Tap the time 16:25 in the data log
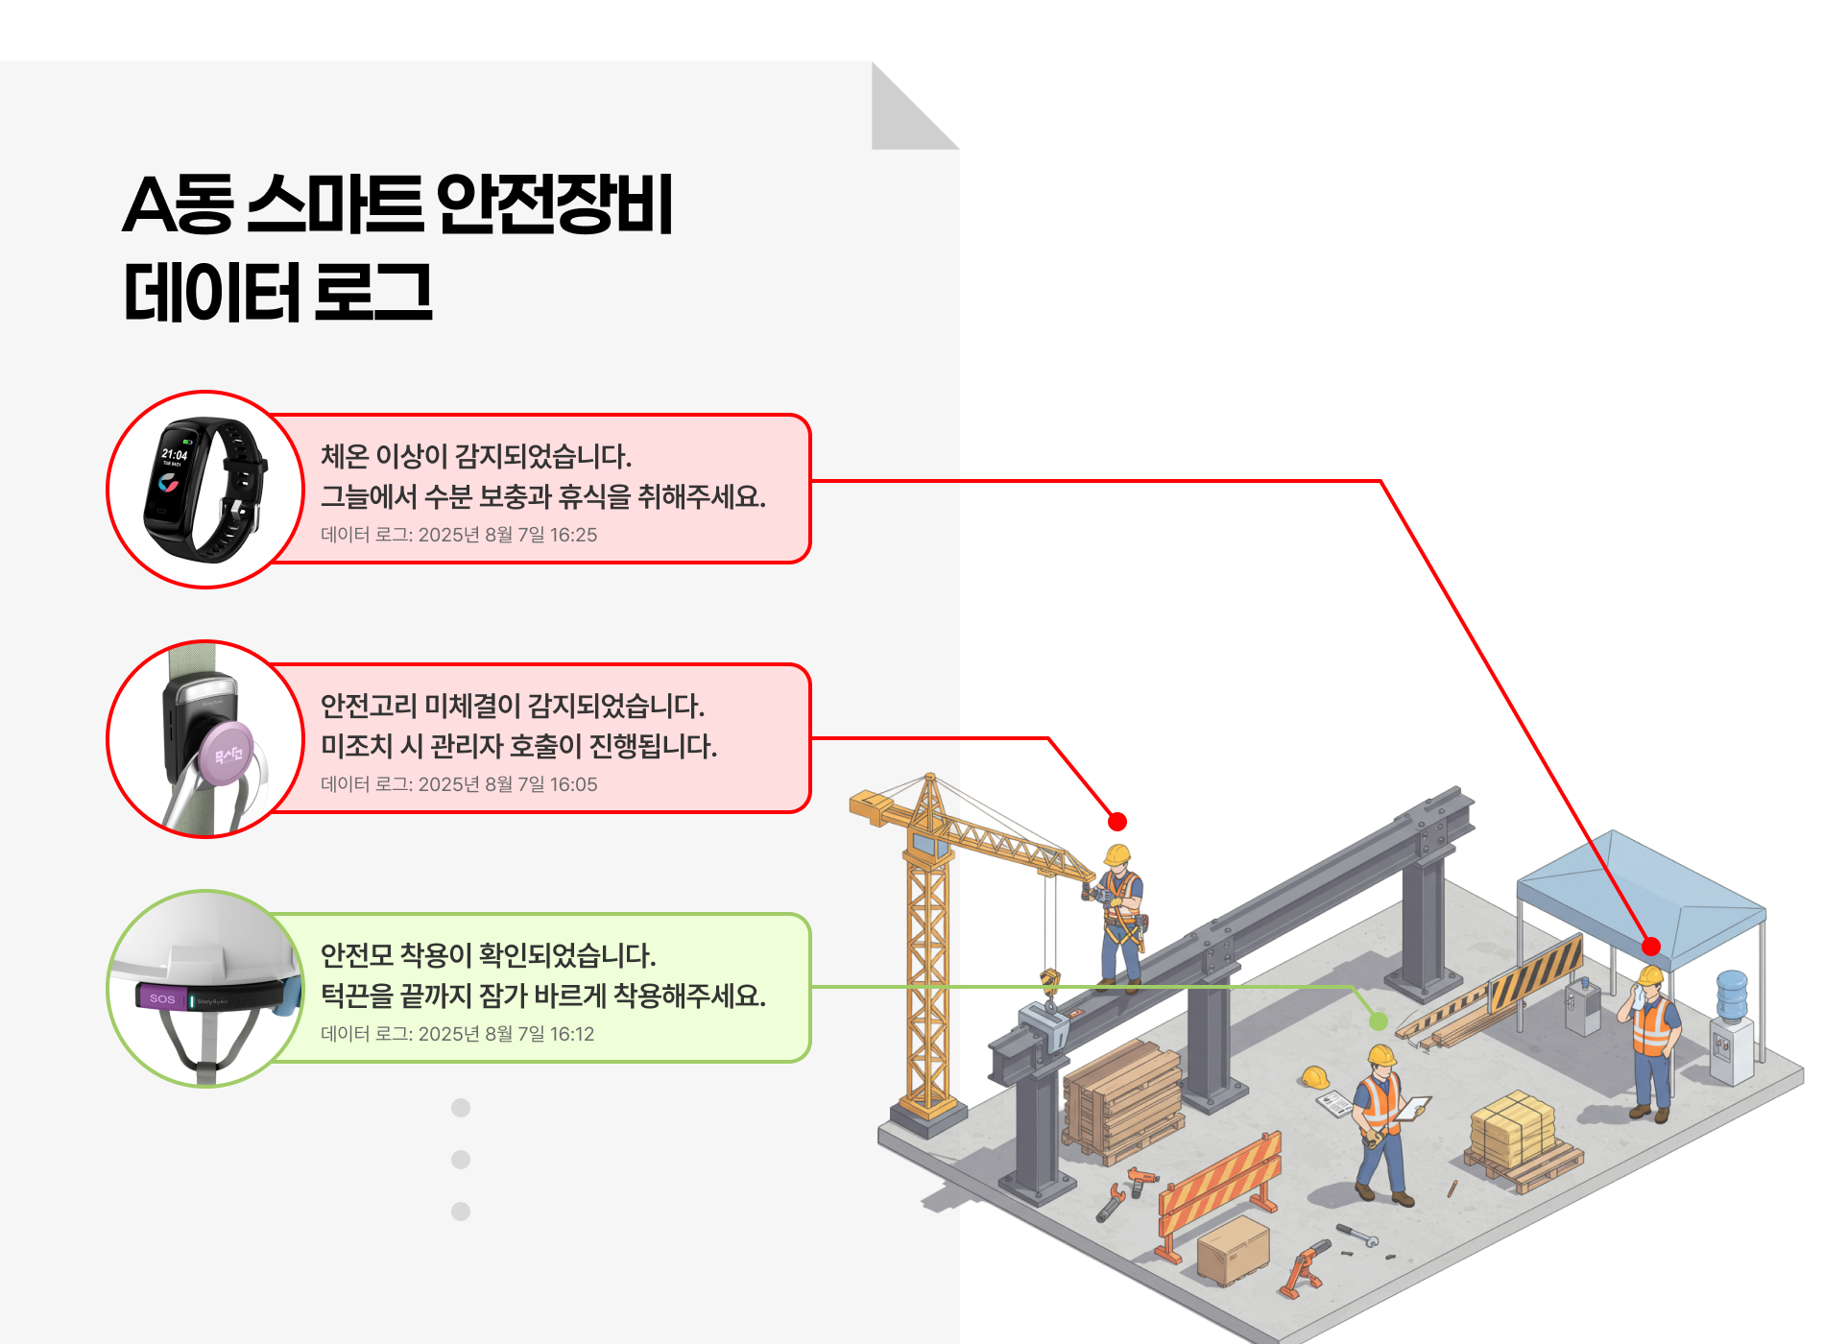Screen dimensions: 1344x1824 point(573,535)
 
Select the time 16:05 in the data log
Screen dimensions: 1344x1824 point(573,784)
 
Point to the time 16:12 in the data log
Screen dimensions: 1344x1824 point(571,1034)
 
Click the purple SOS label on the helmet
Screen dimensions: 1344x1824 point(162,998)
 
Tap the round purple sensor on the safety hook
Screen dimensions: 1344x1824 point(228,755)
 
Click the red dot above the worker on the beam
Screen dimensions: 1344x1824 point(1116,822)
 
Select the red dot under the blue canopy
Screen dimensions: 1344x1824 point(1651,947)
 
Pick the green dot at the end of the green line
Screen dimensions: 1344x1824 point(1379,1020)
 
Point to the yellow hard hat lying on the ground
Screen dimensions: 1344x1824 point(1314,1077)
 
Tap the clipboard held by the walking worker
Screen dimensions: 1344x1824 point(1411,1109)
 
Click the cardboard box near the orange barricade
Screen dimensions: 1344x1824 point(1233,1250)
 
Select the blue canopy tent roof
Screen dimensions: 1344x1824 point(1642,888)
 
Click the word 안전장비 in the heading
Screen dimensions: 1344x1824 point(555,204)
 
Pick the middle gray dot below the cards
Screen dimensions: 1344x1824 point(461,1160)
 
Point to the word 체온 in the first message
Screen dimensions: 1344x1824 point(344,456)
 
